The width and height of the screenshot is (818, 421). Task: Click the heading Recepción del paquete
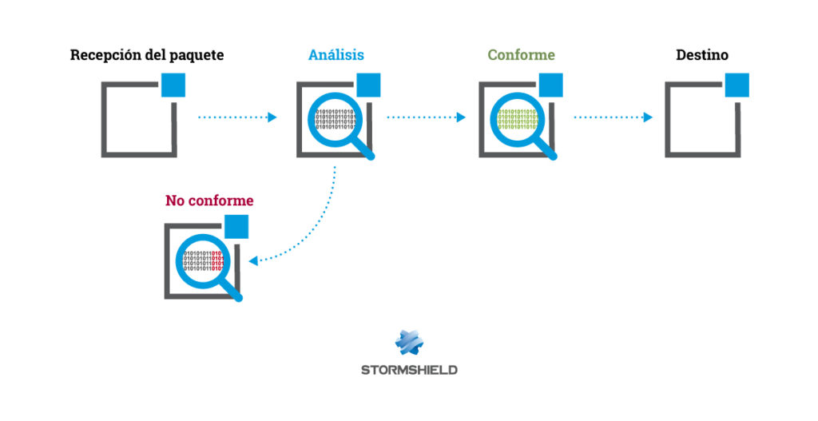coord(146,55)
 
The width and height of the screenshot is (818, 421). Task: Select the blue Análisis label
coord(336,55)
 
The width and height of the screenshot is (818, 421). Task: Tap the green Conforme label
coord(521,55)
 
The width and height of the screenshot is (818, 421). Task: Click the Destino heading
coord(701,55)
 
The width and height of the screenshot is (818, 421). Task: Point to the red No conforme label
coord(209,201)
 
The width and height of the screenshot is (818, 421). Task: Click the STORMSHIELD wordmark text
coord(409,370)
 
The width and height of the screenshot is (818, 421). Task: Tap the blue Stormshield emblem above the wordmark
coord(409,342)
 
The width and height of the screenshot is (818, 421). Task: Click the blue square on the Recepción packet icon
coord(173,85)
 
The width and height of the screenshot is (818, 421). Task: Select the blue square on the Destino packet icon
coord(737,85)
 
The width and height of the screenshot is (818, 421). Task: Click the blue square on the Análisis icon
coord(368,85)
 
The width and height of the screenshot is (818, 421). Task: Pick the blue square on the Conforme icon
coord(550,85)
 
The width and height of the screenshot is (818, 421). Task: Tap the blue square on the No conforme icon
coord(236,227)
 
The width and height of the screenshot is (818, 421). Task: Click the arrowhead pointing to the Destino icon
coord(648,117)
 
